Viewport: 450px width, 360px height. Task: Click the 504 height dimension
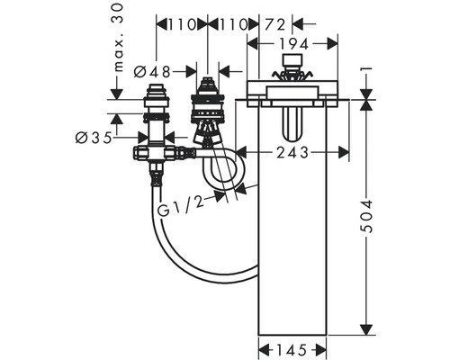click(366, 216)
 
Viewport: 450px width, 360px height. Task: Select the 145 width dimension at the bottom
click(292, 350)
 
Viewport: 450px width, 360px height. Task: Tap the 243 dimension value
click(292, 153)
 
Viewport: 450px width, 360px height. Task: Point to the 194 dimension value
click(293, 44)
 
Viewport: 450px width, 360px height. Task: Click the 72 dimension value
click(274, 25)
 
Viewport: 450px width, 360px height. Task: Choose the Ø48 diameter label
click(152, 72)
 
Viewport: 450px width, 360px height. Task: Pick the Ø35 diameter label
click(94, 138)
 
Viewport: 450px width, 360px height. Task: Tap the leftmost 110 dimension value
click(182, 25)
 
